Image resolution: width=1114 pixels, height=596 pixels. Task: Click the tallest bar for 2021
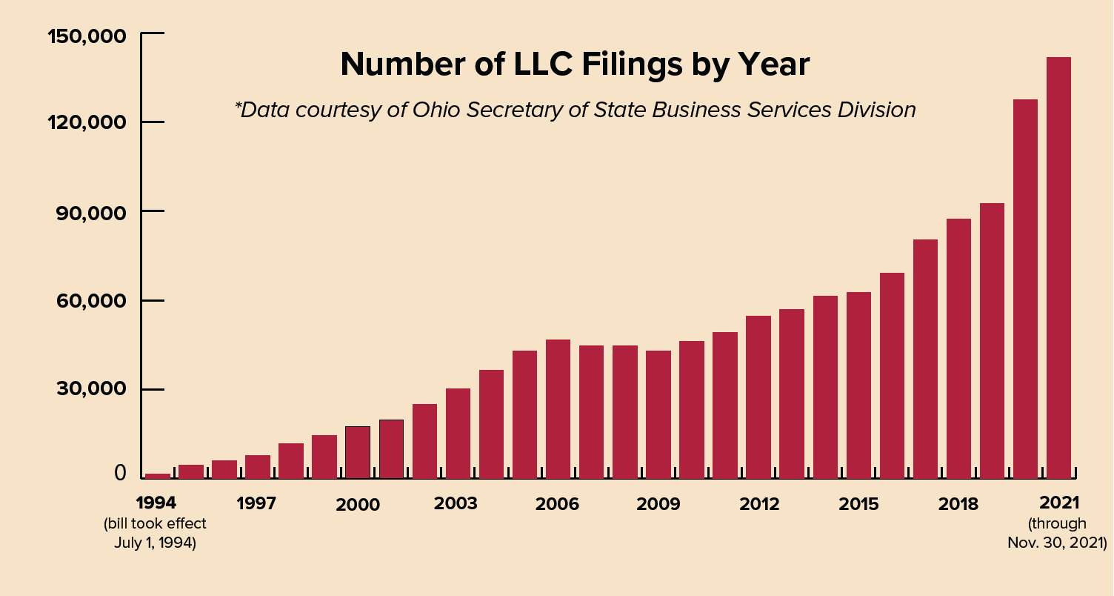(x=1058, y=267)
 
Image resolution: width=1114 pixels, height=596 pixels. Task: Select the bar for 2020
(x=1025, y=289)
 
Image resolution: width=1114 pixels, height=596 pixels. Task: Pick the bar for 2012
(x=758, y=397)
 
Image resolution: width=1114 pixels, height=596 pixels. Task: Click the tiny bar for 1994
(x=158, y=476)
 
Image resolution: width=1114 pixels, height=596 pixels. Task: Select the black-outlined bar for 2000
(x=358, y=452)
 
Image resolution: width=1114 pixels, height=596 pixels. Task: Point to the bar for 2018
(x=958, y=348)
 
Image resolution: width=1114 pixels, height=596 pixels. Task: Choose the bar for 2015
(x=858, y=385)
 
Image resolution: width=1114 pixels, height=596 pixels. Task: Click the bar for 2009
(x=658, y=414)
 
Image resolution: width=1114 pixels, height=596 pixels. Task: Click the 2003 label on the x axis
(x=456, y=504)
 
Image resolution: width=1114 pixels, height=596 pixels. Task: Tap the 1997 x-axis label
(x=256, y=504)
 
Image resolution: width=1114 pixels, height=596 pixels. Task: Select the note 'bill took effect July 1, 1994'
(x=155, y=533)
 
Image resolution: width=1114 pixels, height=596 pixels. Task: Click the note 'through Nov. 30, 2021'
(x=1057, y=533)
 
